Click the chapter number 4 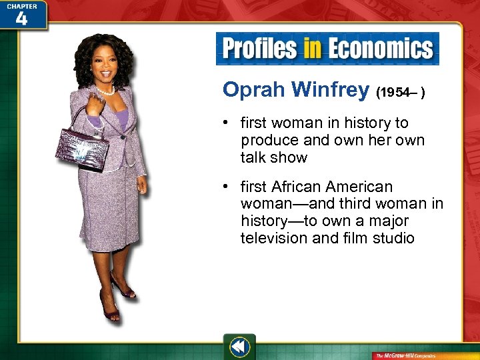click(21, 18)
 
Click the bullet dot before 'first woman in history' click(227, 124)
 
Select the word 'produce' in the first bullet click(267, 141)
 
